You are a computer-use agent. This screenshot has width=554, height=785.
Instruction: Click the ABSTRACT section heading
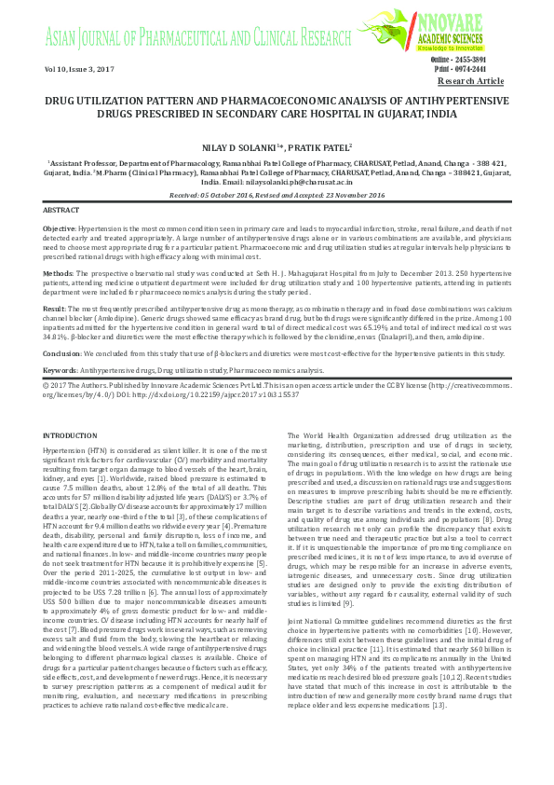click(x=61, y=212)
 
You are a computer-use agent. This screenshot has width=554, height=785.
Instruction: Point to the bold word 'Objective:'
click(x=61, y=228)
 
